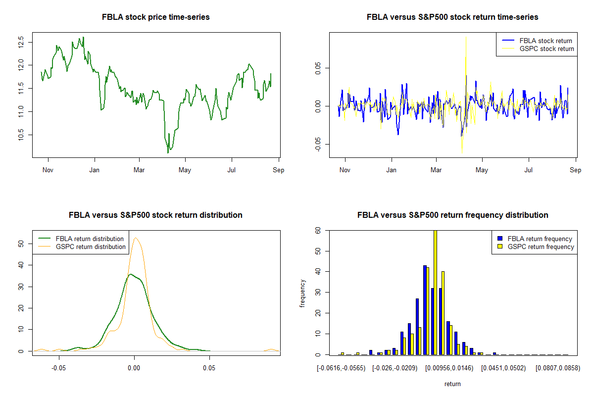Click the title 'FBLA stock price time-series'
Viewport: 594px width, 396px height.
pos(155,17)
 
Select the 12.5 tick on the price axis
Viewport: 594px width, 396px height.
pos(20,41)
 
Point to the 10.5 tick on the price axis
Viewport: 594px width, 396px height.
pos(20,135)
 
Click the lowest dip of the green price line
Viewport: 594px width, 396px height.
pos(168,152)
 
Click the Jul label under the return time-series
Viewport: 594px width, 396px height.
pos(529,170)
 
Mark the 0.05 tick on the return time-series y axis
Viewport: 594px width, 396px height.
pos(317,67)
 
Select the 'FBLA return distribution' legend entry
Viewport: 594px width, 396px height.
pos(90,239)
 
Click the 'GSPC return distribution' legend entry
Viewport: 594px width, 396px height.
pos(91,247)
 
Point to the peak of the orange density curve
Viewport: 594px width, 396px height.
pos(136,238)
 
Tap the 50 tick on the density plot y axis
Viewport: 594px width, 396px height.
pos(20,244)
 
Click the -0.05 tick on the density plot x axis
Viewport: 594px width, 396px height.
pos(59,368)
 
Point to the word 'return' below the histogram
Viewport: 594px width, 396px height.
pos(452,384)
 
